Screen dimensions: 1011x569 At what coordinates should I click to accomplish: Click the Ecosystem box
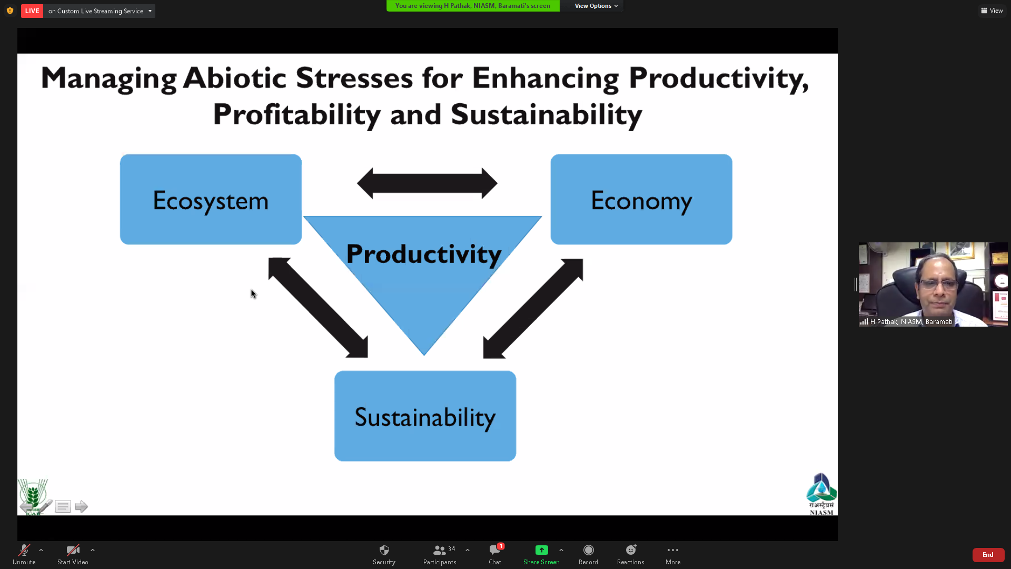click(x=211, y=199)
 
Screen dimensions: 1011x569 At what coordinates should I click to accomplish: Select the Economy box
click(x=641, y=199)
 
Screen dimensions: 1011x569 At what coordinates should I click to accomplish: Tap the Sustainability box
click(x=425, y=416)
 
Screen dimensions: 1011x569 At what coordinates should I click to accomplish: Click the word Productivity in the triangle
click(x=424, y=254)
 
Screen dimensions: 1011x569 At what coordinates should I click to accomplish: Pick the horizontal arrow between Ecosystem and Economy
click(x=427, y=183)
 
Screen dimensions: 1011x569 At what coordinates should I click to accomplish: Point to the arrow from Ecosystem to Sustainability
click(x=318, y=308)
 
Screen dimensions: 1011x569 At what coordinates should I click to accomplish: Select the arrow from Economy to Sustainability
click(x=533, y=309)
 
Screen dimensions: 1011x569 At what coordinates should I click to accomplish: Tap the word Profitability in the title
click(x=297, y=115)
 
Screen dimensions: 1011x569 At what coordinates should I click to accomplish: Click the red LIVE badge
click(x=32, y=11)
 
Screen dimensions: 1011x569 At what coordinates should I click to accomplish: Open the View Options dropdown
click(x=596, y=6)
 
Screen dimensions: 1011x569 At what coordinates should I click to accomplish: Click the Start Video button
click(x=73, y=555)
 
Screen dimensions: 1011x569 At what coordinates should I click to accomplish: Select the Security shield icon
click(x=384, y=550)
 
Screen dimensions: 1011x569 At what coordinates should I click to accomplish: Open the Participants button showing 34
click(x=440, y=555)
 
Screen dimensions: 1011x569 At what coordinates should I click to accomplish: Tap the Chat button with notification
click(x=495, y=555)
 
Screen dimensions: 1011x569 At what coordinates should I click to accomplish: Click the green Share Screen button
click(x=541, y=555)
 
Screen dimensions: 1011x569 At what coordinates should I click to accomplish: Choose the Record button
click(x=588, y=555)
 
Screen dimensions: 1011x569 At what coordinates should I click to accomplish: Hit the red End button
click(x=988, y=555)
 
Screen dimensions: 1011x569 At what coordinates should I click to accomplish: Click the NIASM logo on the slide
click(x=821, y=494)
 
